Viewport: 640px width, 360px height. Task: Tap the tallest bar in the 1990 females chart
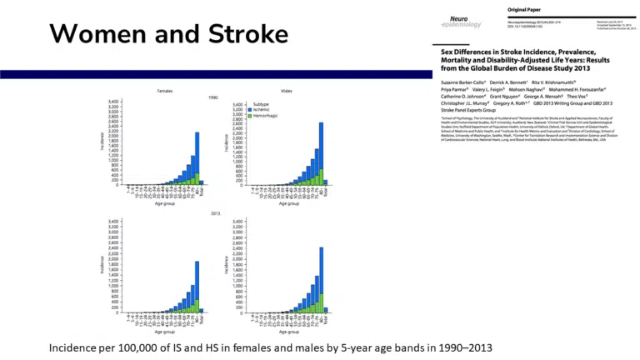tap(197, 158)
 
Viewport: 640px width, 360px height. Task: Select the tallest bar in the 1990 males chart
tap(321, 153)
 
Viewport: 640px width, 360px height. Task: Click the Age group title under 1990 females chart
tap(165, 202)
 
